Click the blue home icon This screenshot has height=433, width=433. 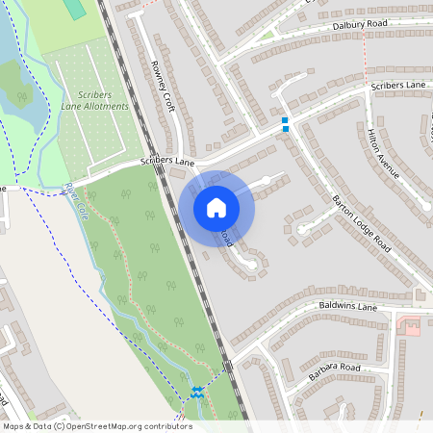pos(216,207)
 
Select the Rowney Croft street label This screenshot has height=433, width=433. pos(159,84)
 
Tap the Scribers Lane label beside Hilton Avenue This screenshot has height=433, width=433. pos(398,87)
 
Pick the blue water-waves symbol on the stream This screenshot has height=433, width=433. pos(196,392)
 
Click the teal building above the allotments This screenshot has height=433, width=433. pos(75,9)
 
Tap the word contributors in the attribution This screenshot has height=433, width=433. pos(166,426)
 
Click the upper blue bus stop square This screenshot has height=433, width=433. pos(285,120)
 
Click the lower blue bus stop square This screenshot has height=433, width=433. pos(285,129)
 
